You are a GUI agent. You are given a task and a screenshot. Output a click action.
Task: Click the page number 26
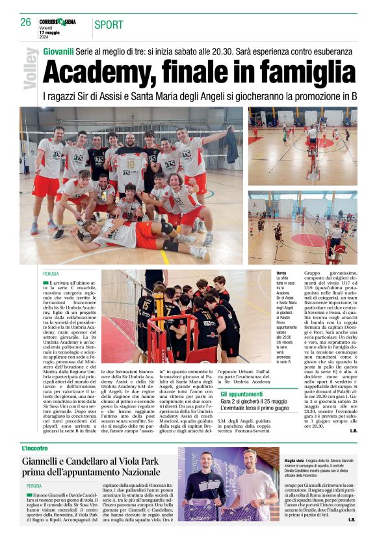(26, 22)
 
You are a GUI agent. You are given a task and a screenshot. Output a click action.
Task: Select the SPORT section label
(109, 25)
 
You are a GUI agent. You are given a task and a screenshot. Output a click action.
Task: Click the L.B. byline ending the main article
(352, 430)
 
